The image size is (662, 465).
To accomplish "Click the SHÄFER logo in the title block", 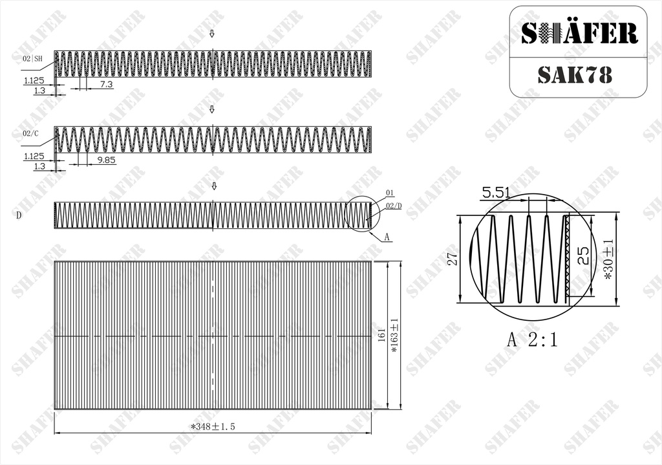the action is [579, 33].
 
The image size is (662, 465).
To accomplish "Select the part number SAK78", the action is [575, 75].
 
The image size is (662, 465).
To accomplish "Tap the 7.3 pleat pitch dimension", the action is [107, 85].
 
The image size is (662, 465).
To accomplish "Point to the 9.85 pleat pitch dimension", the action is [107, 160].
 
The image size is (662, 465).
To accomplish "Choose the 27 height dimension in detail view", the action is [453, 259].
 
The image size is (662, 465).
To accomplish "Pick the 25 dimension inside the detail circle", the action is [583, 255].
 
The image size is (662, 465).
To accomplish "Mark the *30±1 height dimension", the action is [608, 259].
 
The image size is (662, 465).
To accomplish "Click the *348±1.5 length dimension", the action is [213, 427].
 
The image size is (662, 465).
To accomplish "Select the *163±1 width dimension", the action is [395, 336].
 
